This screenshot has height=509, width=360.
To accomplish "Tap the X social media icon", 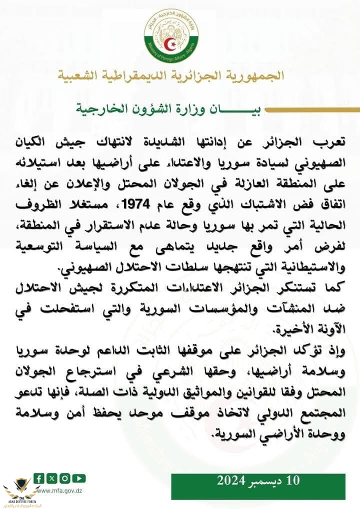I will point(51,478).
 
